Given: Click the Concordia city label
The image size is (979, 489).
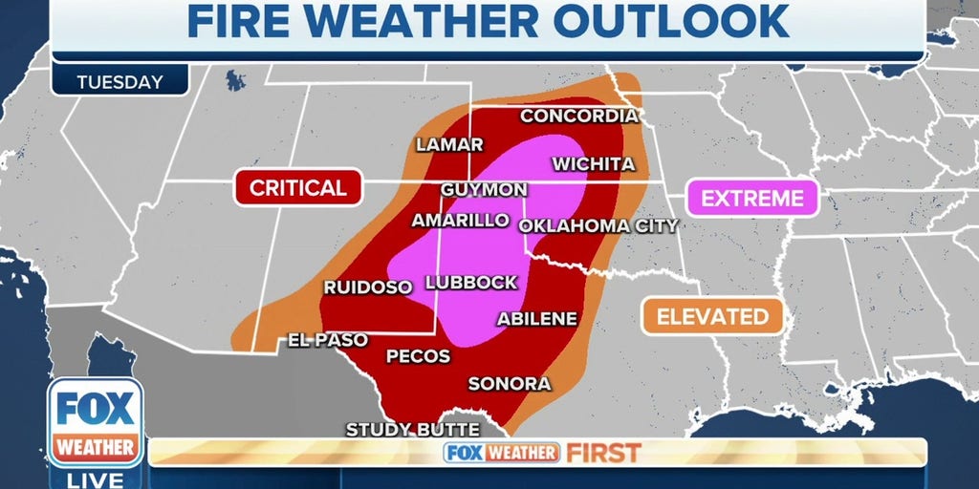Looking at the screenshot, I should click(x=578, y=116).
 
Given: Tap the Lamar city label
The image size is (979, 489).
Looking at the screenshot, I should click(x=449, y=145).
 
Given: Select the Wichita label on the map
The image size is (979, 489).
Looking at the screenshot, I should click(x=593, y=164).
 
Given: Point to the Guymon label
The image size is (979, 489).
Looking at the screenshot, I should click(x=484, y=189).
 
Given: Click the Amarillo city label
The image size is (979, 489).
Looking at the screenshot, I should click(x=460, y=220).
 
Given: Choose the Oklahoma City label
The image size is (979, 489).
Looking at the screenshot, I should click(x=598, y=226).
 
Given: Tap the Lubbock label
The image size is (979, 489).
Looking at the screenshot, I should click(x=470, y=283).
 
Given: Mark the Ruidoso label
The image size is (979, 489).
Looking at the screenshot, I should click(x=367, y=287).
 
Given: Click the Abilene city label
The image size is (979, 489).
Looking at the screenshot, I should click(x=536, y=319).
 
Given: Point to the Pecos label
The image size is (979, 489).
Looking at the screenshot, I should click(x=418, y=356).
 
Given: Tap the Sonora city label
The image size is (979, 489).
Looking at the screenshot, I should click(x=509, y=384).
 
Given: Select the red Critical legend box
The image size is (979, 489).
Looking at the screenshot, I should click(x=297, y=188).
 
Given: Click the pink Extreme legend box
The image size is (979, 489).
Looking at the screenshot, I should click(x=752, y=199).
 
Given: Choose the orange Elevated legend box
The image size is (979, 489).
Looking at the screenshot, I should click(x=712, y=316).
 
